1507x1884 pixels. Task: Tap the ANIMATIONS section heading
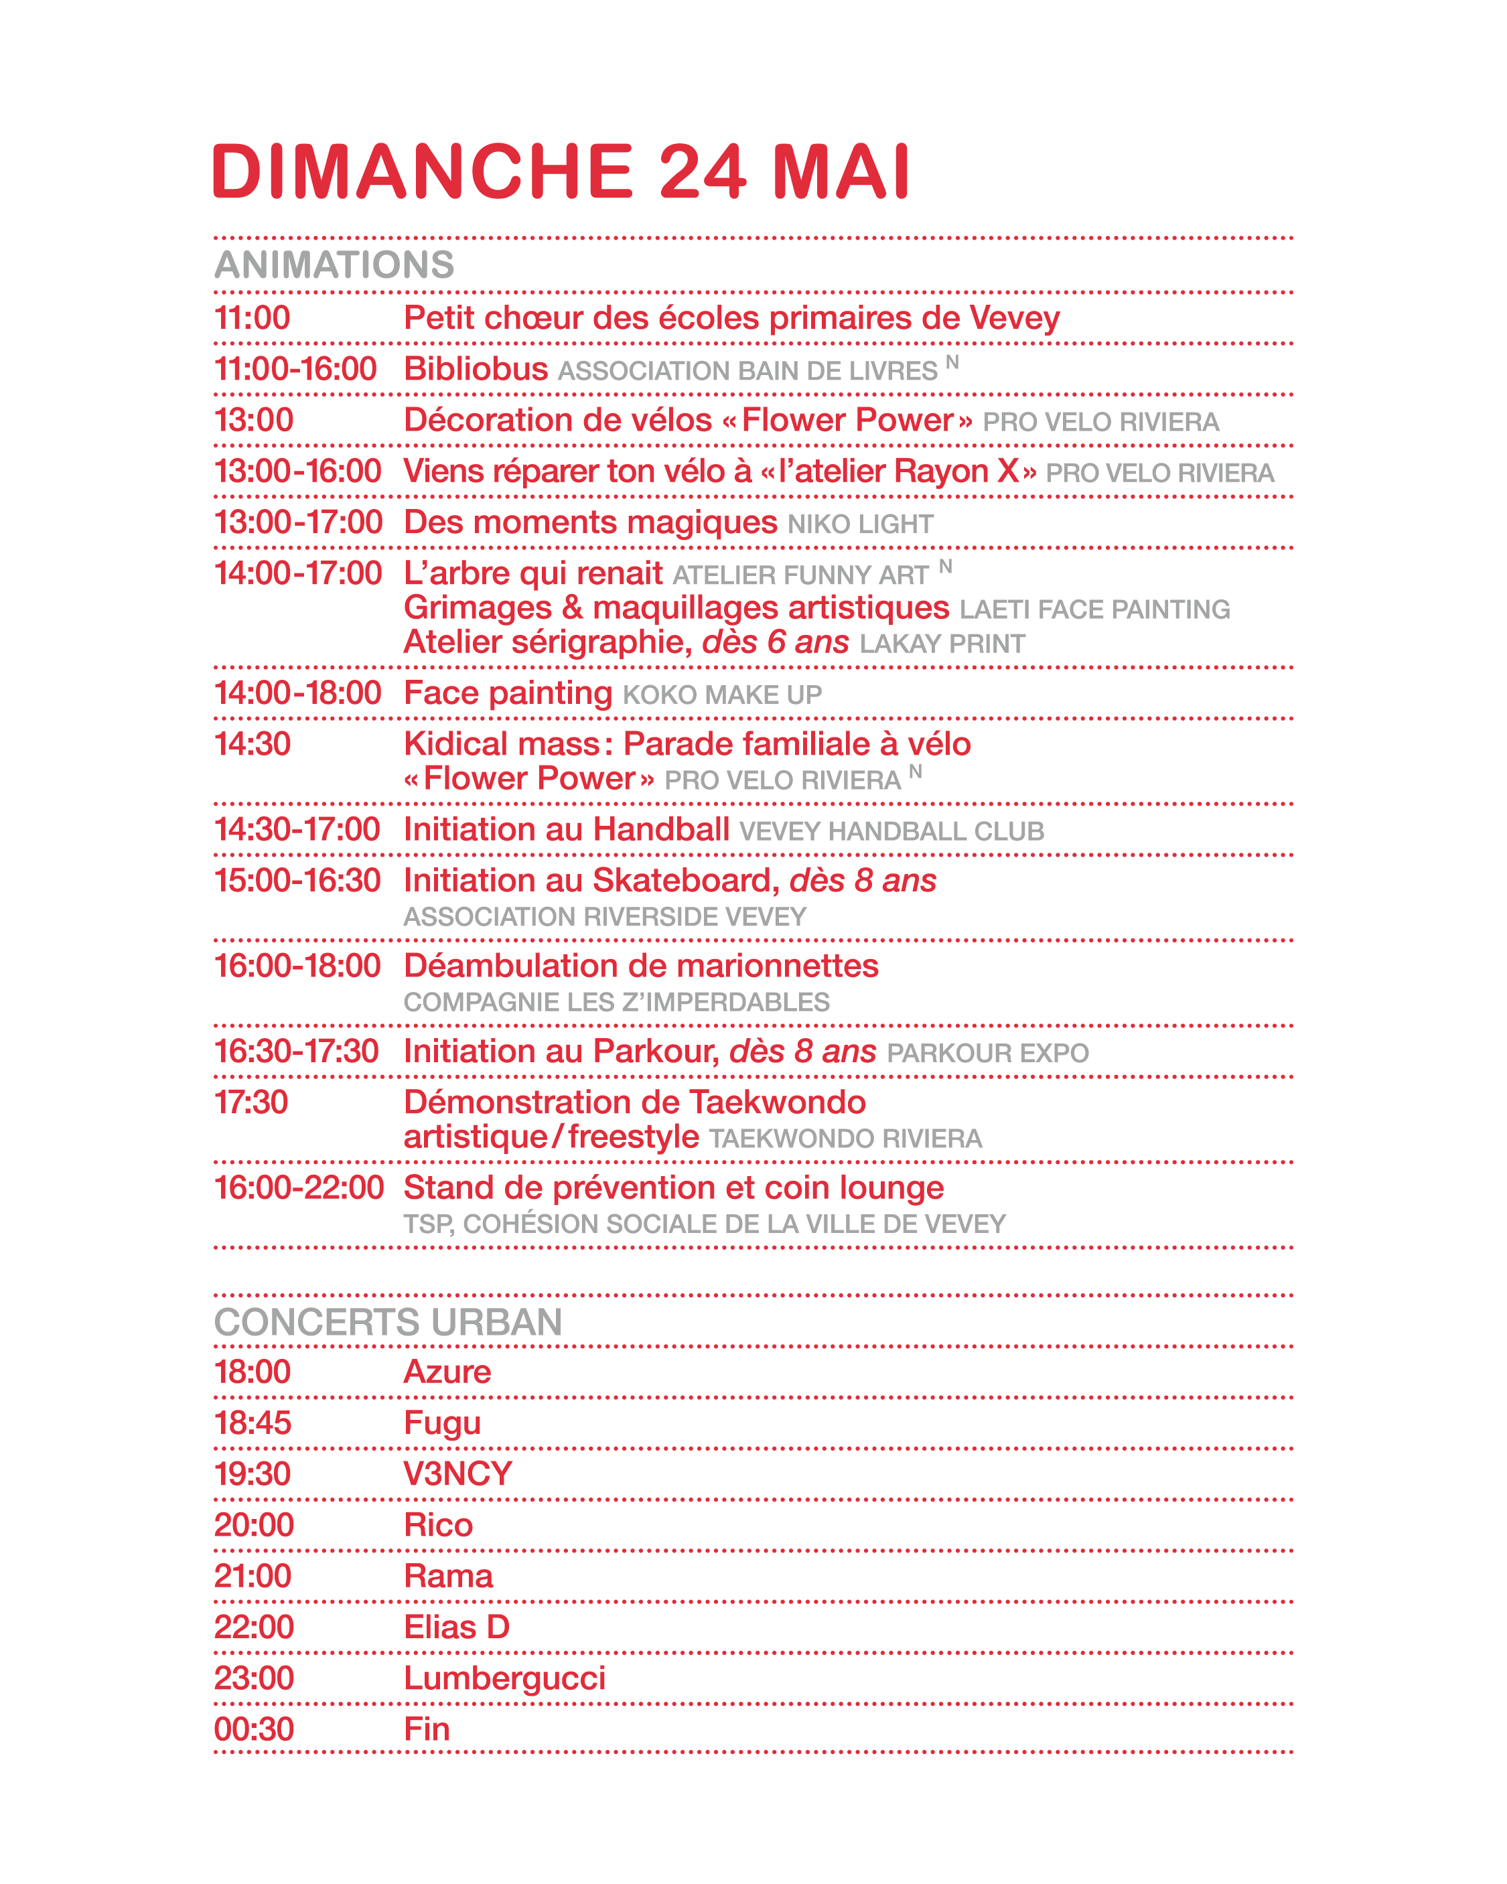(x=334, y=265)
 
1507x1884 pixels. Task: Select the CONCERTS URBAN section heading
(x=388, y=1322)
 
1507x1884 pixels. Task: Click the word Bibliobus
(x=476, y=369)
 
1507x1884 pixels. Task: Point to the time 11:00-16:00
(x=295, y=369)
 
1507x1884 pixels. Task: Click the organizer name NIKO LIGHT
(x=860, y=524)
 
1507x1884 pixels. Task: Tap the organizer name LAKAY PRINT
(x=942, y=644)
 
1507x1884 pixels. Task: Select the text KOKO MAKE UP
(x=722, y=695)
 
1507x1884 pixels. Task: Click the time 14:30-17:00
(x=297, y=829)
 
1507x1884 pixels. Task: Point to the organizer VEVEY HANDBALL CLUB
(x=891, y=831)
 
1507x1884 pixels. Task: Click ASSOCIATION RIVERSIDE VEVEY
(x=604, y=917)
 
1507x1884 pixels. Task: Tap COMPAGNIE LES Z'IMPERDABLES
(x=616, y=1003)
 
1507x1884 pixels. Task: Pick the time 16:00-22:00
(x=299, y=1187)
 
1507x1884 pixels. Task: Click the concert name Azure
(x=447, y=1372)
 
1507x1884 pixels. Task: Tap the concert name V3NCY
(x=457, y=1474)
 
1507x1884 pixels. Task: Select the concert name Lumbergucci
(x=504, y=1678)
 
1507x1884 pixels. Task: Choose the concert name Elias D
(x=456, y=1627)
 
